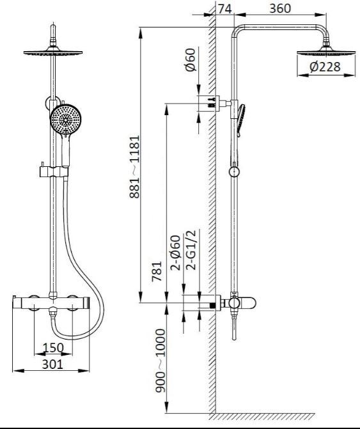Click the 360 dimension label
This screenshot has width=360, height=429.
coord(280,8)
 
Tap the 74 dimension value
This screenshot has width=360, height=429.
coord(225,9)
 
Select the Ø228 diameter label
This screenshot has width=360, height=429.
coord(325,66)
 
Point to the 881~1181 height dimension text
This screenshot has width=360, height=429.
coord(134,166)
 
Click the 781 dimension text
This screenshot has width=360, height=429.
coord(157,271)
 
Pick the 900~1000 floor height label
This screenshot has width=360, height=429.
coord(160,361)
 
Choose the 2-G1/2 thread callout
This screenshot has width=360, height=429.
coord(191,250)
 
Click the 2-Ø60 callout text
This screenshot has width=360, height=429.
coord(176,253)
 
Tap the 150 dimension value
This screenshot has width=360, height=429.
coord(53,347)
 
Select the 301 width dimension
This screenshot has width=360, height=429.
coord(52,364)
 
